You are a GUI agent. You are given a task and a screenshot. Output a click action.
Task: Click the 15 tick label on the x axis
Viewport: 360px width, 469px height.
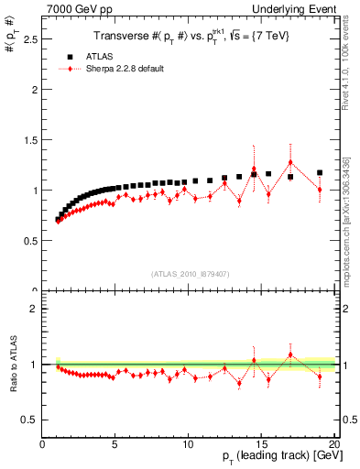[261, 443]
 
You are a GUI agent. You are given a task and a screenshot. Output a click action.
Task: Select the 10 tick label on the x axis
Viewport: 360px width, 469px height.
[188, 443]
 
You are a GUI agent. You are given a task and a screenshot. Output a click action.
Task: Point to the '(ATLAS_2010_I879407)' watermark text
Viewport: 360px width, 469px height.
[189, 273]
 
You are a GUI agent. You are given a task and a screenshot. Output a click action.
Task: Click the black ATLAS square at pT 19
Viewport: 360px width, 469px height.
[320, 172]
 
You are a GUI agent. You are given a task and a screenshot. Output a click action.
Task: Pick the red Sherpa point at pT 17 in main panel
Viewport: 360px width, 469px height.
[290, 163]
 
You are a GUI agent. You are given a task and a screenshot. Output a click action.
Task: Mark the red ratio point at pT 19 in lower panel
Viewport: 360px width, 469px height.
[320, 376]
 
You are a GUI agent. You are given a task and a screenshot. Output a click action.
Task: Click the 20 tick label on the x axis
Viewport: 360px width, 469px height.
[333, 443]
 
